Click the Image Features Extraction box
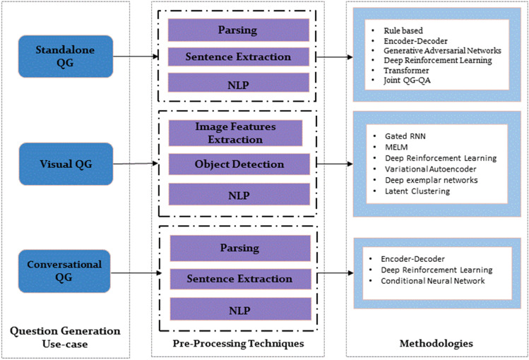235,133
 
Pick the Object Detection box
239,164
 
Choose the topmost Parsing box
239,30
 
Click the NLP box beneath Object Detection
239,194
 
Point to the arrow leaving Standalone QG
134,56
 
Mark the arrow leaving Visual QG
134,164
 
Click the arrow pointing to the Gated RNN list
332,164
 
